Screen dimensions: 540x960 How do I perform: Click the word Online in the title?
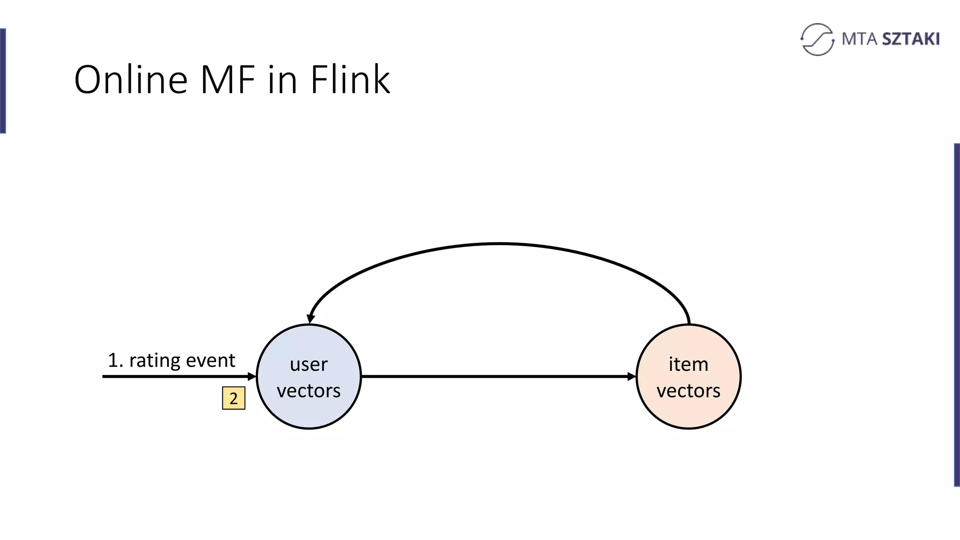[x=131, y=80]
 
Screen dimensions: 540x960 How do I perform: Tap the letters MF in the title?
[x=228, y=80]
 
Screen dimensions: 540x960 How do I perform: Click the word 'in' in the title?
[x=283, y=80]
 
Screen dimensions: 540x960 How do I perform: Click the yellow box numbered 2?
[x=233, y=398]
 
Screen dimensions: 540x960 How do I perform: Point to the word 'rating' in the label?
[x=154, y=360]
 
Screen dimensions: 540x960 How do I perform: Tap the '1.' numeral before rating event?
[x=115, y=360]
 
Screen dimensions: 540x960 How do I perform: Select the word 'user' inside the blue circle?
[x=308, y=364]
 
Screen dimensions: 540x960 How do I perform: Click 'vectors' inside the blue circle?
[x=308, y=390]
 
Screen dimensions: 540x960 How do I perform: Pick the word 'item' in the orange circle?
[x=688, y=364]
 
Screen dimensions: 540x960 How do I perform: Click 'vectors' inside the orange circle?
[x=688, y=390]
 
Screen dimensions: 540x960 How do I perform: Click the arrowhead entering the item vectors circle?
[x=631, y=376]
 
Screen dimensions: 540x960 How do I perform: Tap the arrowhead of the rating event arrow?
[x=252, y=376]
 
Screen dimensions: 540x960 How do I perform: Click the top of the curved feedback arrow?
[x=499, y=244]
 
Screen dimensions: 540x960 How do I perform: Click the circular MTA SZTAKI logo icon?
[x=817, y=39]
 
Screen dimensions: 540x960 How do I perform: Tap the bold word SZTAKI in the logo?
[x=911, y=39]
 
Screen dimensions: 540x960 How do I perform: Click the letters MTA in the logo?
[x=859, y=39]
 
